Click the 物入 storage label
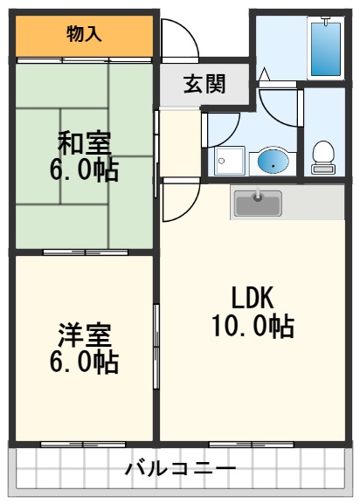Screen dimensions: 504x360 click(85, 34)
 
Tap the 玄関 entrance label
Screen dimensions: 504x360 click(204, 84)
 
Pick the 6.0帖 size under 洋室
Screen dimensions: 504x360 click(84, 362)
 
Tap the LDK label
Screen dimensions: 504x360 click(253, 298)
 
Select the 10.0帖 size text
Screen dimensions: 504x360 click(253, 327)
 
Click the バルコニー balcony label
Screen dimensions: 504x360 click(180, 470)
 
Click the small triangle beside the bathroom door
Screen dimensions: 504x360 click(266, 77)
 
